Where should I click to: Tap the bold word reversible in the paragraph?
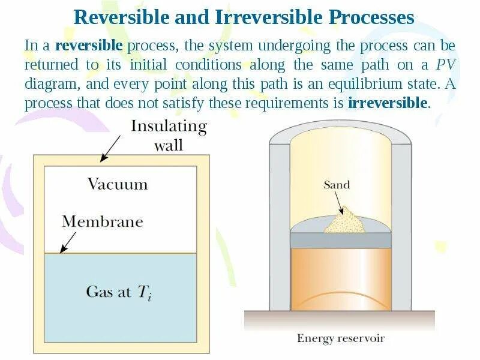pos(89,46)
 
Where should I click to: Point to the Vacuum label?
pos(118,184)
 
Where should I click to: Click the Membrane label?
pos(103,221)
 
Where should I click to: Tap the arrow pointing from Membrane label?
pos(67,242)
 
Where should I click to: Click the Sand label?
pos(336,185)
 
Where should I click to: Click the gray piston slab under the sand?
pos(340,239)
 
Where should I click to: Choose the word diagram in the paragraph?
pos(48,84)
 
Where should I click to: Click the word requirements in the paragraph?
pos(281,103)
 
